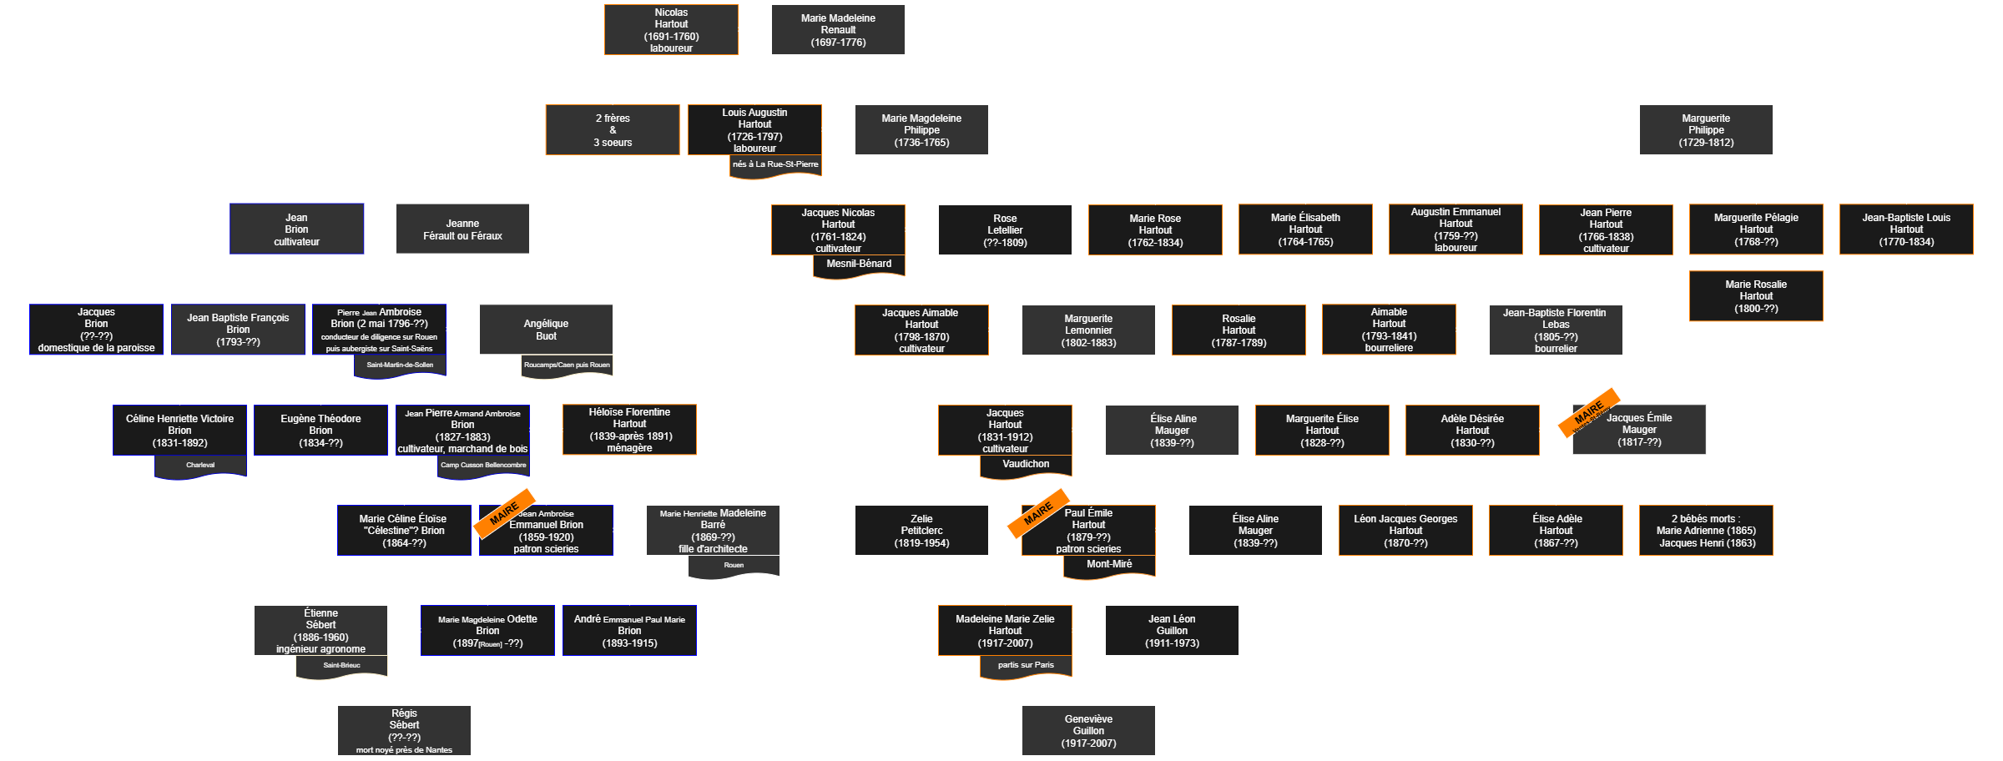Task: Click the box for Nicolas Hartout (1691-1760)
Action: [x=671, y=30]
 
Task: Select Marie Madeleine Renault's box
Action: [x=838, y=30]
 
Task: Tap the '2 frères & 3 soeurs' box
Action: [x=613, y=130]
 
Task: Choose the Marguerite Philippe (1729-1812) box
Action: [x=1706, y=130]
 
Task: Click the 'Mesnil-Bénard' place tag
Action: [x=859, y=265]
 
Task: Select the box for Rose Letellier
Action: [x=1005, y=230]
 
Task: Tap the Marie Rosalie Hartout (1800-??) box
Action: [x=1756, y=296]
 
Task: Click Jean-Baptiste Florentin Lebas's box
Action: [x=1556, y=330]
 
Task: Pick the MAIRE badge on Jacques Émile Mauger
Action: [x=1589, y=411]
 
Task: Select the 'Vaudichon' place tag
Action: [x=1026, y=465]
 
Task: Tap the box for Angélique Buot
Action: [x=546, y=330]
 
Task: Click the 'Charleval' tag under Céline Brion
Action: [x=200, y=466]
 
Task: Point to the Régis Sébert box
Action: [x=404, y=730]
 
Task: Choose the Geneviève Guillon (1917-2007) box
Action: [x=1088, y=731]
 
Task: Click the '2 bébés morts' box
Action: [x=1706, y=531]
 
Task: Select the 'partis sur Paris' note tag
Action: [x=1026, y=666]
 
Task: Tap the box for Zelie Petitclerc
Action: [x=921, y=531]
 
